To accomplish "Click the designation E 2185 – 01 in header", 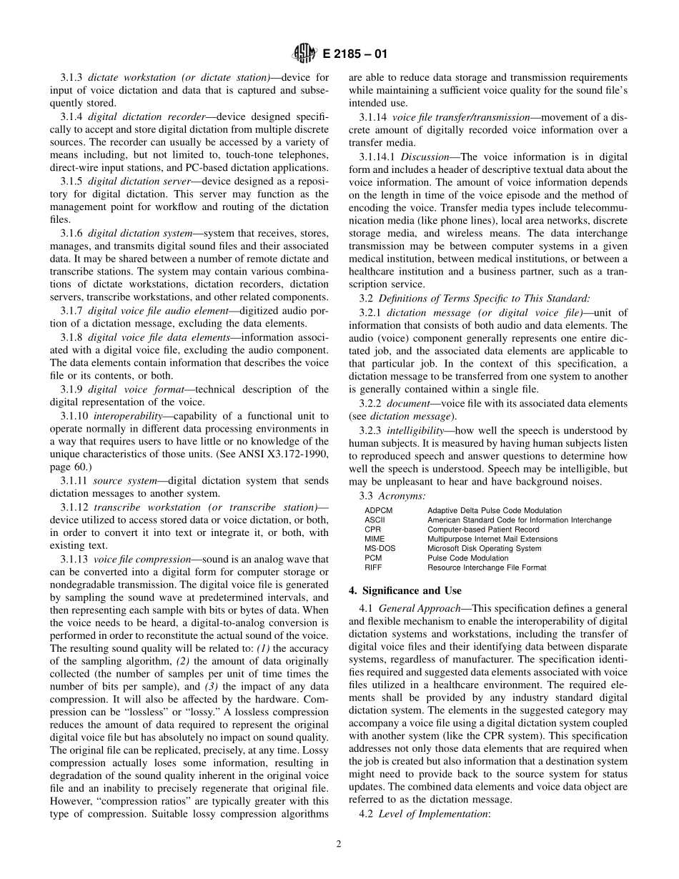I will (351, 54).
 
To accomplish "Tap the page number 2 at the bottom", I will (339, 843).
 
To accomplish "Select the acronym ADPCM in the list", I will (377, 511).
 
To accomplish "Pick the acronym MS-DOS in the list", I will (380, 549).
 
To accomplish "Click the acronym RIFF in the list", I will (373, 567).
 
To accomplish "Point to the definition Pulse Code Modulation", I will (468, 558).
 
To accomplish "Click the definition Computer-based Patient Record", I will (483, 530).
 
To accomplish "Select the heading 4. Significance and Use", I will (405, 590).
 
